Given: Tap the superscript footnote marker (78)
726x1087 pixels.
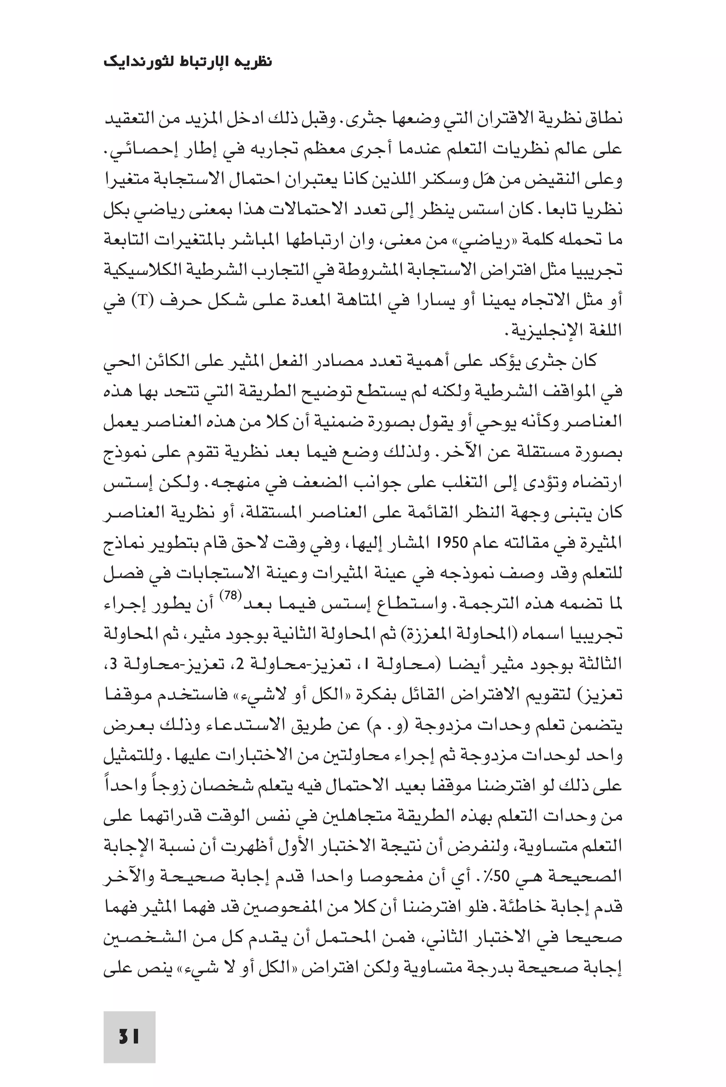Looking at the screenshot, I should pos(230,596).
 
